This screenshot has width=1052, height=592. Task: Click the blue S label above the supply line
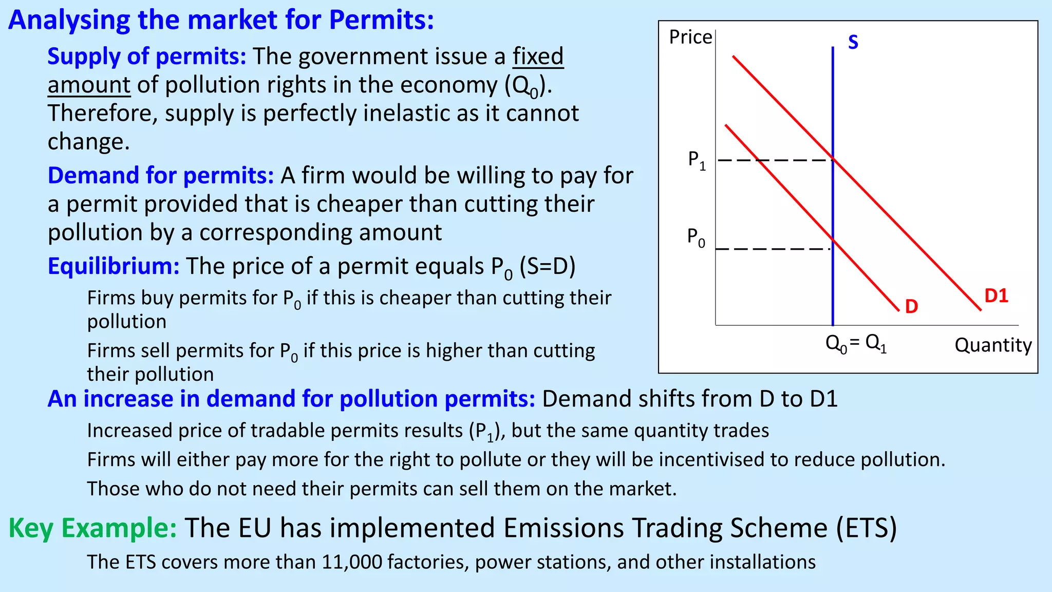pos(853,42)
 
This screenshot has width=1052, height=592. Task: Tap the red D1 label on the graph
pos(996,296)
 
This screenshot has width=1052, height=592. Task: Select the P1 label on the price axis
pos(697,160)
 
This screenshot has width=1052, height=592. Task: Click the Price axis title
pos(690,37)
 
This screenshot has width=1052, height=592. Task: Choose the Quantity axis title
pos(993,345)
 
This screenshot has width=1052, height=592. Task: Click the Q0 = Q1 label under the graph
pos(856,343)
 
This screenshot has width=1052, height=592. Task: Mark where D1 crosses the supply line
pos(833,160)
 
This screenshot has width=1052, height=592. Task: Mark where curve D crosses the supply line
pos(833,240)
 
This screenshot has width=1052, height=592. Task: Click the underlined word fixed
pos(538,56)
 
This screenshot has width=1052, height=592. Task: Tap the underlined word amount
pos(89,85)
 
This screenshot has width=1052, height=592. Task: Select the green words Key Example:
pos(93,528)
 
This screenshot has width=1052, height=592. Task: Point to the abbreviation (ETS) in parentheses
pos(866,528)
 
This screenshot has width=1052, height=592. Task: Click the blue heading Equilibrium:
pos(114,266)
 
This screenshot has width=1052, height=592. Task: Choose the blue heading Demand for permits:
pos(161,175)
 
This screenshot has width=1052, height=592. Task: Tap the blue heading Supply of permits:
pos(147,56)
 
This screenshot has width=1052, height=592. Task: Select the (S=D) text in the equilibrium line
pos(547,266)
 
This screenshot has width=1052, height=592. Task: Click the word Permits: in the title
pos(381,20)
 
